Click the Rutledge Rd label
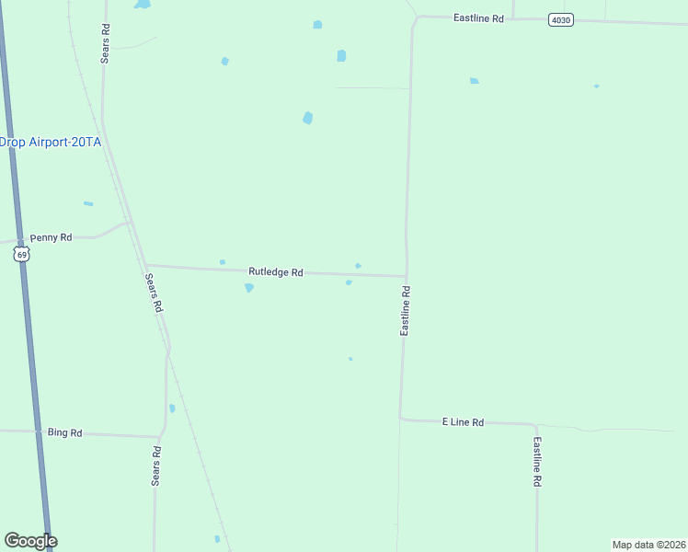[x=276, y=272]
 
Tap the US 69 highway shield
[x=22, y=254]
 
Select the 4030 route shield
[x=561, y=19]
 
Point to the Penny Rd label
[x=51, y=237]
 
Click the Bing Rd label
[x=65, y=432]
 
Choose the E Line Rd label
[x=463, y=422]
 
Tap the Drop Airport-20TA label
[x=50, y=142]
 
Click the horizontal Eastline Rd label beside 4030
[x=478, y=17]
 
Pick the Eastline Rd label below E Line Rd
[x=537, y=462]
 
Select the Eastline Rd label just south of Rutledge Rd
[x=405, y=310]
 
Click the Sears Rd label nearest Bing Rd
[x=157, y=466]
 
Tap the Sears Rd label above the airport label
[x=106, y=42]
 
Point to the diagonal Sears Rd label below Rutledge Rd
[x=154, y=293]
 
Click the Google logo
[x=30, y=541]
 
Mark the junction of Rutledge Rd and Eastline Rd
[x=406, y=275]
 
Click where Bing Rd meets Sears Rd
[x=161, y=436]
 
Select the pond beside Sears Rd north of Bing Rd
[x=172, y=408]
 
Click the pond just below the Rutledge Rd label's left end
[x=248, y=288]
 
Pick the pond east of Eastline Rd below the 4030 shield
[x=475, y=81]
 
